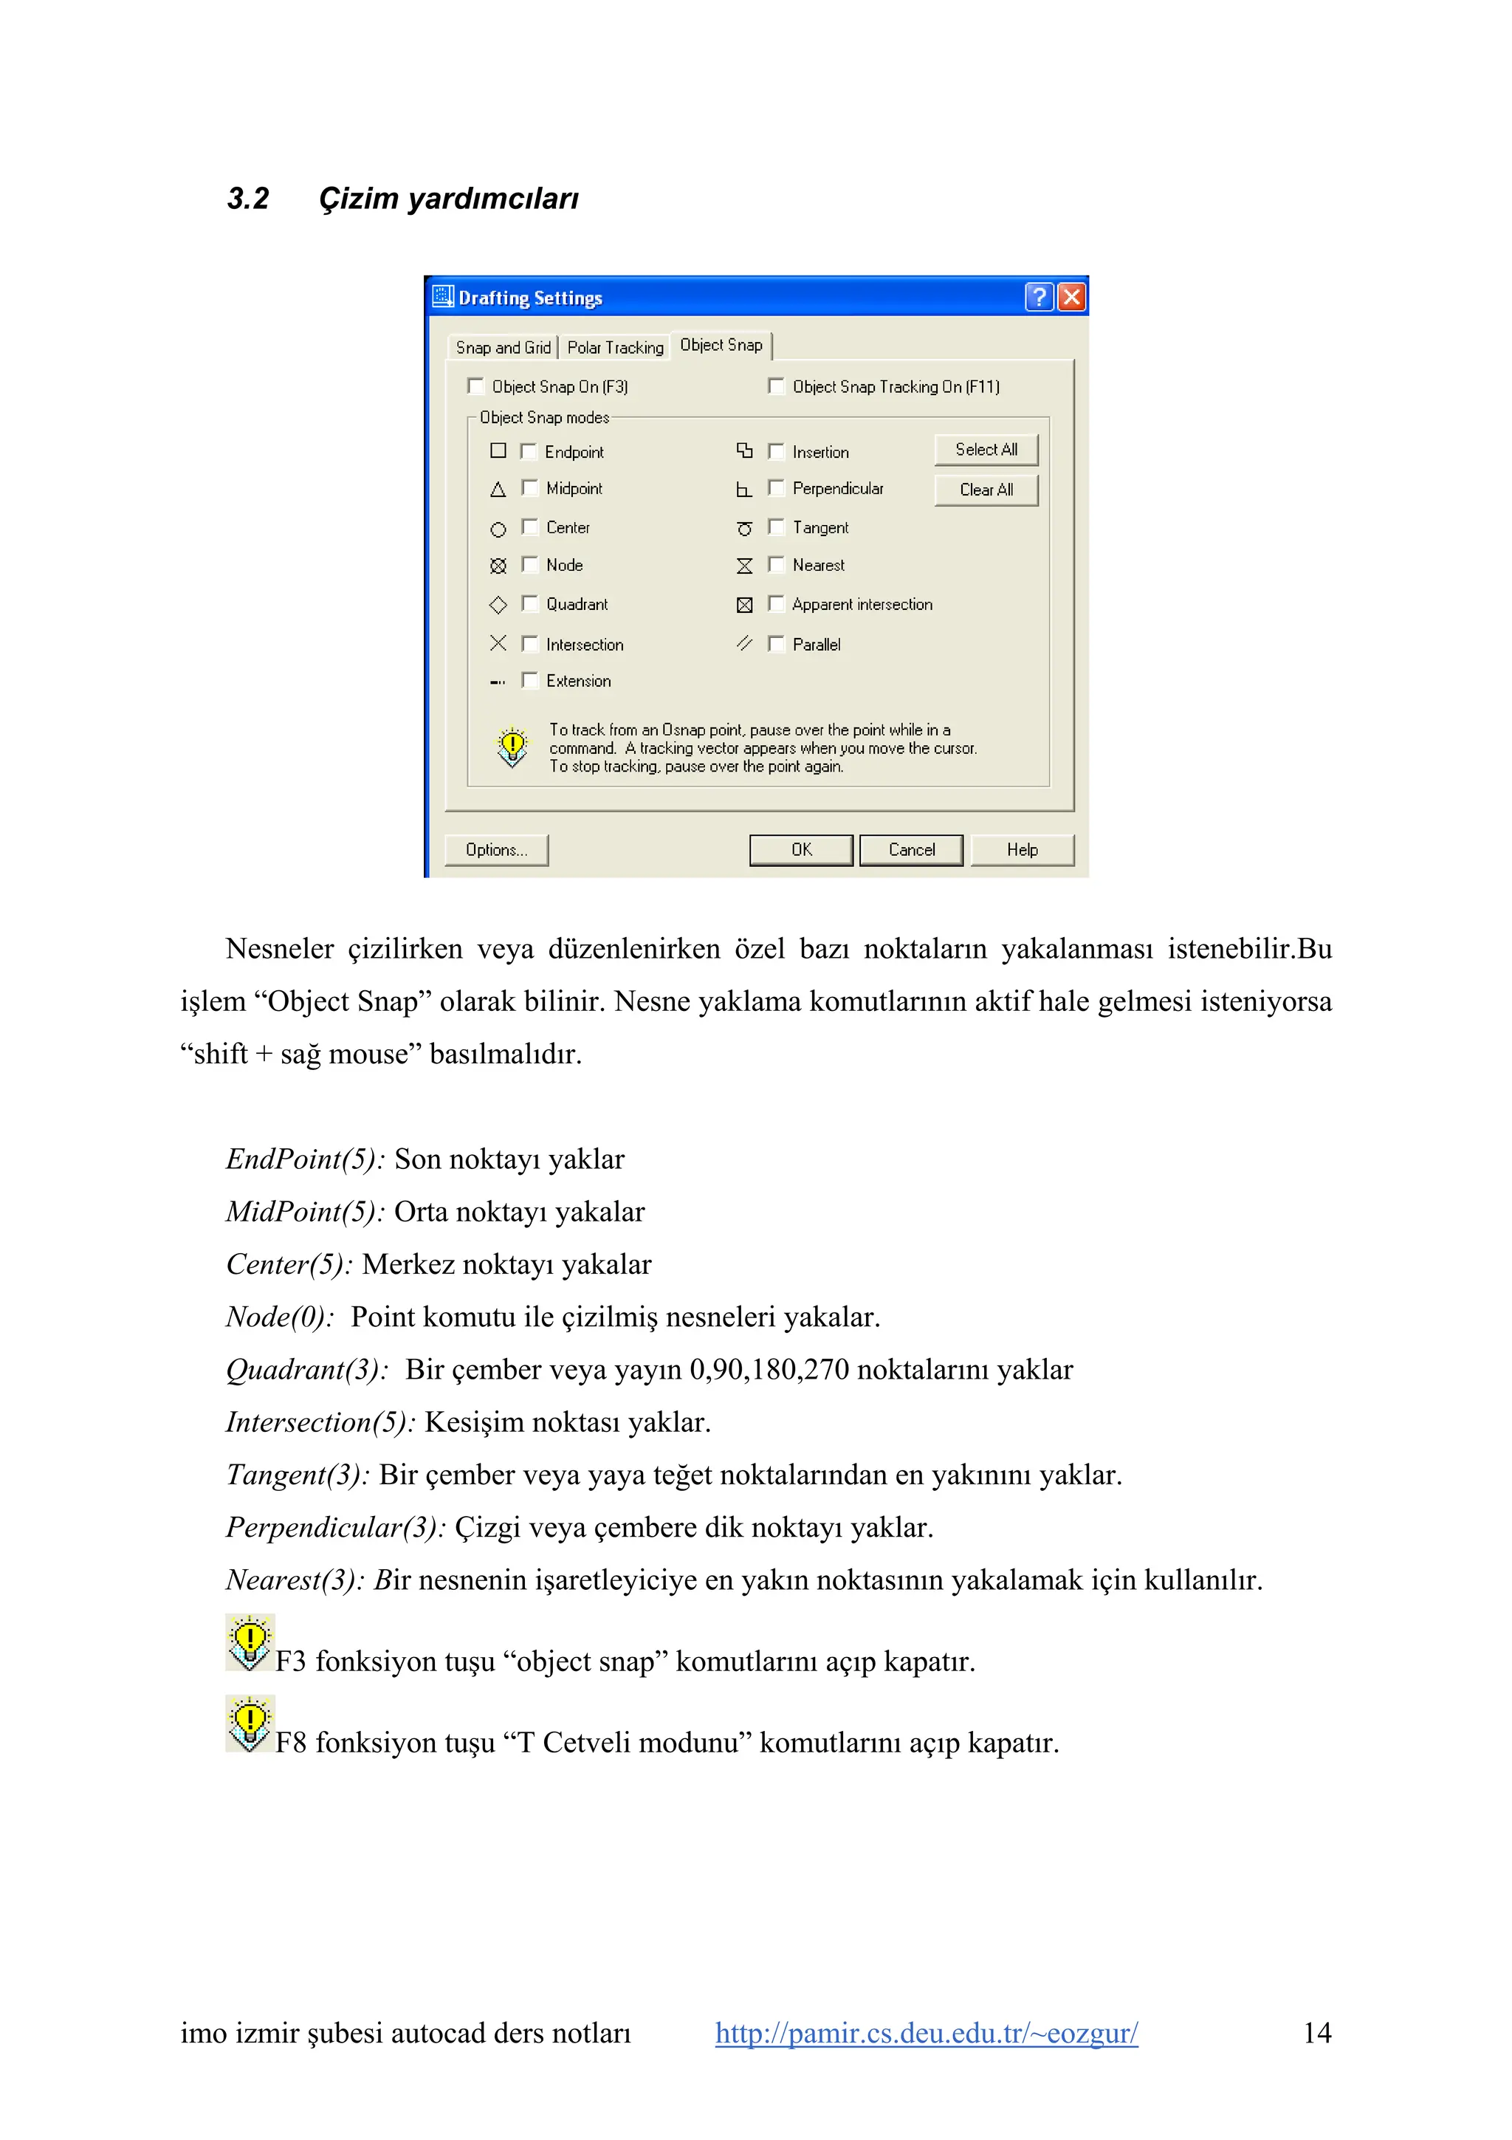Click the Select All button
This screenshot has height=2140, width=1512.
pyautogui.click(x=986, y=449)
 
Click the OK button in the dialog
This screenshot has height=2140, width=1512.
pyautogui.click(x=800, y=849)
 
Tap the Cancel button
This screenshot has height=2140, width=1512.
pyautogui.click(x=910, y=849)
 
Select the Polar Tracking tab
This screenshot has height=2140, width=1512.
pyautogui.click(x=615, y=348)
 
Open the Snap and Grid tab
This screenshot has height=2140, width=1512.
pyautogui.click(x=503, y=348)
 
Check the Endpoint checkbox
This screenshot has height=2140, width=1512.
pyautogui.click(x=528, y=451)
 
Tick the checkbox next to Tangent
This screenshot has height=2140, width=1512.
pyautogui.click(x=775, y=527)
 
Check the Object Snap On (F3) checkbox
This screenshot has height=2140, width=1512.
pyautogui.click(x=476, y=386)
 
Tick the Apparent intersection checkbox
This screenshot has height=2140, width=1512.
pyautogui.click(x=775, y=603)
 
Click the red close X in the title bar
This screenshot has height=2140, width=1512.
pyautogui.click(x=1071, y=298)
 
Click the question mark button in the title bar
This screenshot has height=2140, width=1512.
pyautogui.click(x=1039, y=298)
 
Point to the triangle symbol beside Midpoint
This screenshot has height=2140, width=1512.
pyautogui.click(x=498, y=490)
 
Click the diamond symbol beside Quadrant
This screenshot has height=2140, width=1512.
pyautogui.click(x=498, y=604)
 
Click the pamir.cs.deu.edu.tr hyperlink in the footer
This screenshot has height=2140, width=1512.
pyautogui.click(x=926, y=2032)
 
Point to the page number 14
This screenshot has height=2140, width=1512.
pyautogui.click(x=1316, y=2032)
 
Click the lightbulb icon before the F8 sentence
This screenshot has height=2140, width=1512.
pyautogui.click(x=250, y=1724)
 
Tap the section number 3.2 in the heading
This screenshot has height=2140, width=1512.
pyautogui.click(x=248, y=199)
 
